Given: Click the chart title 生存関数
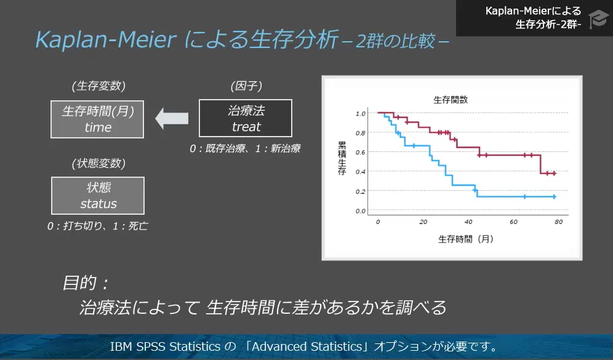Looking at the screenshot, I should pos(450,100).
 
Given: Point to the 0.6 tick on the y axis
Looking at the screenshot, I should pos(360,152).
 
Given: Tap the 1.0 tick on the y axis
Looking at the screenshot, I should pos(360,113).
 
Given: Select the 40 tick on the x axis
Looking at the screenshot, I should pos(468,222).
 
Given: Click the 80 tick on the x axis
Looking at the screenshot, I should pos(559,222).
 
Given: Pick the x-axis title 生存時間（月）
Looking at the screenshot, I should pos(466,238).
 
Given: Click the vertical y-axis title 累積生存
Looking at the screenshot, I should pos(342,158).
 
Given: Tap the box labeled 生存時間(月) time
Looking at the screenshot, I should pos(98,119).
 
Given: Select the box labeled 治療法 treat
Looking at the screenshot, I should pos(246,118).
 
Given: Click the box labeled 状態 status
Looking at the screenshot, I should pos(98,196).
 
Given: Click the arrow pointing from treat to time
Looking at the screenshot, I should pos(171,118).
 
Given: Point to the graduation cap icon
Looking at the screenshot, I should pos(597,18).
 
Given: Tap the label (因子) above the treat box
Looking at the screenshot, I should pos(246,86).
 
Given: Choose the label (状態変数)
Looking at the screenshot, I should pos(98,163).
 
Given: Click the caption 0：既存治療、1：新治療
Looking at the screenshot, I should pos(245,148).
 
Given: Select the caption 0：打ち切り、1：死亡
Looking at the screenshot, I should pos(98,226).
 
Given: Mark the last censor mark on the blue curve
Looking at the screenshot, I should pos(554,197).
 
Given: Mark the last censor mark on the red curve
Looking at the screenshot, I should pos(554,174).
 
